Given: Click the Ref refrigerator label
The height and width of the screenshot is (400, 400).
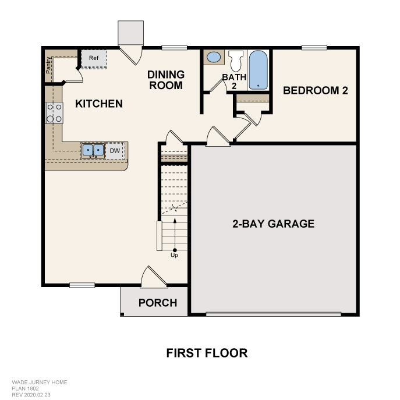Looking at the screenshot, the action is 94,58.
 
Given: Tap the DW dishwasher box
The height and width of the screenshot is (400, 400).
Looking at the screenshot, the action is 115,151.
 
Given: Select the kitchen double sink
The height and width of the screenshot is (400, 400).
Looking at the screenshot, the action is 93,150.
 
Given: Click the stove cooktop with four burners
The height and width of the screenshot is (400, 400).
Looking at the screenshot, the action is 54,113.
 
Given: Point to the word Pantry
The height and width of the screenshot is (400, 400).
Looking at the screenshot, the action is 48,65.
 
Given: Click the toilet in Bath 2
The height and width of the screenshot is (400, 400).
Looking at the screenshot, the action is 236,61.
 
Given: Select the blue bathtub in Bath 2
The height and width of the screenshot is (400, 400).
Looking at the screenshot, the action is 258,70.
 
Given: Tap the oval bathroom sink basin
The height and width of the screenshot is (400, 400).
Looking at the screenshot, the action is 214,57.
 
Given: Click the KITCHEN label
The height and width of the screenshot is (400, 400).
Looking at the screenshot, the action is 99,104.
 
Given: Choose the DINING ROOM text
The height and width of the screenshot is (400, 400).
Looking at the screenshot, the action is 166,80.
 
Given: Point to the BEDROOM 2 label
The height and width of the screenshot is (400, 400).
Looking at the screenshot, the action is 316,91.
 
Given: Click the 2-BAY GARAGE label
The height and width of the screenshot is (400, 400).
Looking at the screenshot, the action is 273,224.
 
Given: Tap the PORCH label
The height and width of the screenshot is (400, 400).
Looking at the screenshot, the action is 158,303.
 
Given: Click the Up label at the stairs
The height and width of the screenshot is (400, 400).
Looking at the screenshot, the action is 174,255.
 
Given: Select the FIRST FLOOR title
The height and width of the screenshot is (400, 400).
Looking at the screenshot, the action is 207,353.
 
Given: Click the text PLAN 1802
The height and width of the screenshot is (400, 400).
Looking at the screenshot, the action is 25,388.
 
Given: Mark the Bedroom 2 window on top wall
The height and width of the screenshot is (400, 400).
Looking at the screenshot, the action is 314,48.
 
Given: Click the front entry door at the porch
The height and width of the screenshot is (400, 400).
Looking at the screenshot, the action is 154,277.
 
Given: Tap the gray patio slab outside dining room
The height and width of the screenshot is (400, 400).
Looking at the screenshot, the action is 130,33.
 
